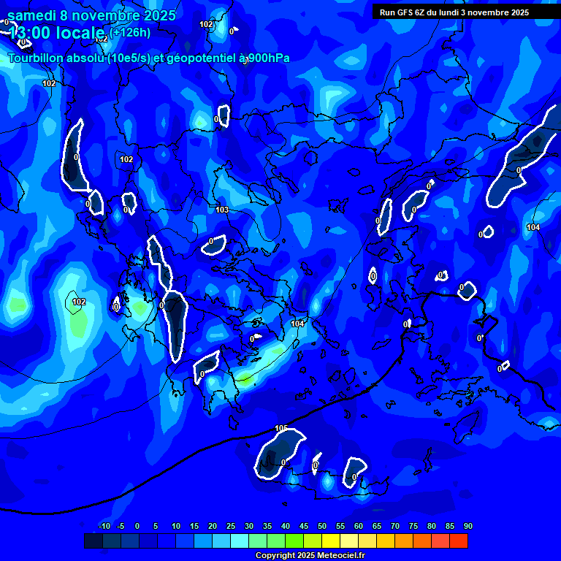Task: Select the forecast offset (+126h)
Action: [131, 32]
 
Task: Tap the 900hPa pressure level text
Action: [268, 58]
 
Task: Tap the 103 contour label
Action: [222, 210]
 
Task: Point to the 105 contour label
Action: [281, 428]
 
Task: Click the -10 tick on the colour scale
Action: [104, 527]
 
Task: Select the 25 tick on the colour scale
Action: [231, 527]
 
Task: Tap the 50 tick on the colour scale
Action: [322, 527]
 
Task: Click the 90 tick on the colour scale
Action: [468, 527]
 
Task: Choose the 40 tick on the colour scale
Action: [286, 527]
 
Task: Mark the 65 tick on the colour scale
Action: [377, 527]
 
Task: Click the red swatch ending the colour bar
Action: [459, 541]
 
